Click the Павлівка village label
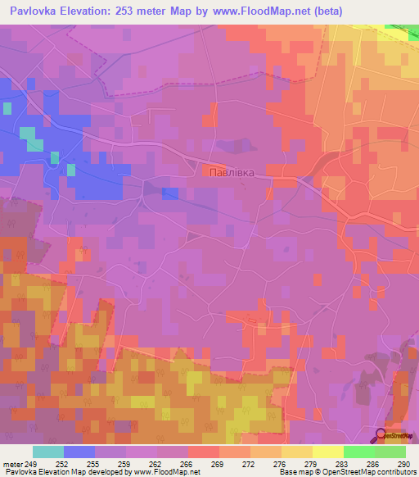232,172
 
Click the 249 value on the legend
30,464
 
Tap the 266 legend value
185,464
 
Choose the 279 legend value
309,464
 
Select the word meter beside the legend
11,464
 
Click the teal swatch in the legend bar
47,452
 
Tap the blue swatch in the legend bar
79,452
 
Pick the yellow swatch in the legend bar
327,452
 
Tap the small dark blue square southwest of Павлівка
169,193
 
